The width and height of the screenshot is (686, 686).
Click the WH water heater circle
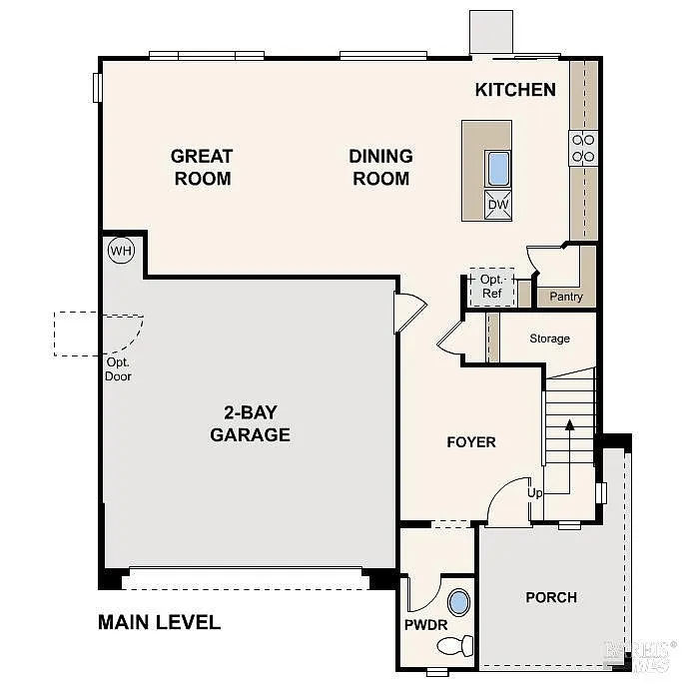pos(121,251)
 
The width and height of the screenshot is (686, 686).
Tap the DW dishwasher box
pos(498,206)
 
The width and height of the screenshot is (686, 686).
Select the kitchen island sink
pos(498,169)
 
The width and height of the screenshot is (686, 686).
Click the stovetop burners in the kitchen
pos(583,148)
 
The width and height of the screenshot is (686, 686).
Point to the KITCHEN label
pos(515,90)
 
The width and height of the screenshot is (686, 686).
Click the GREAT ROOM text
pos(202,167)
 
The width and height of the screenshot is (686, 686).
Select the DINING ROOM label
pos(380,167)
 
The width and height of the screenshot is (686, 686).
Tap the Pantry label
pos(566,297)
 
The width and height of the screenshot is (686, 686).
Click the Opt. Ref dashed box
pos(491,287)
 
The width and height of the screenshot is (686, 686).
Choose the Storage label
pos(549,339)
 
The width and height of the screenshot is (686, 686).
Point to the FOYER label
pos(471,441)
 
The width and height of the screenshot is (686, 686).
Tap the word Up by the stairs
pos(535,494)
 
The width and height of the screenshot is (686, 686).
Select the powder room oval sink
pos(458,603)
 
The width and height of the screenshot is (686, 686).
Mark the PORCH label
pos(551,597)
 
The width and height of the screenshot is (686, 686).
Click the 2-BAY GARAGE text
pos(250,424)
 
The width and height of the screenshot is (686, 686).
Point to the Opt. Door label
pos(119,369)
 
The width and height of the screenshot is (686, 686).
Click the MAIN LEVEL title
pos(159,622)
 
